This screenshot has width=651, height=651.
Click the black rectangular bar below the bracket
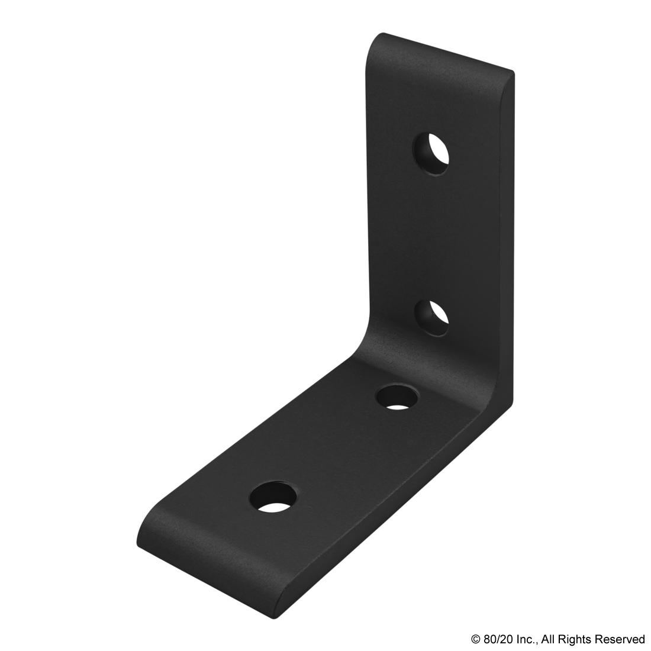[557, 640]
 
